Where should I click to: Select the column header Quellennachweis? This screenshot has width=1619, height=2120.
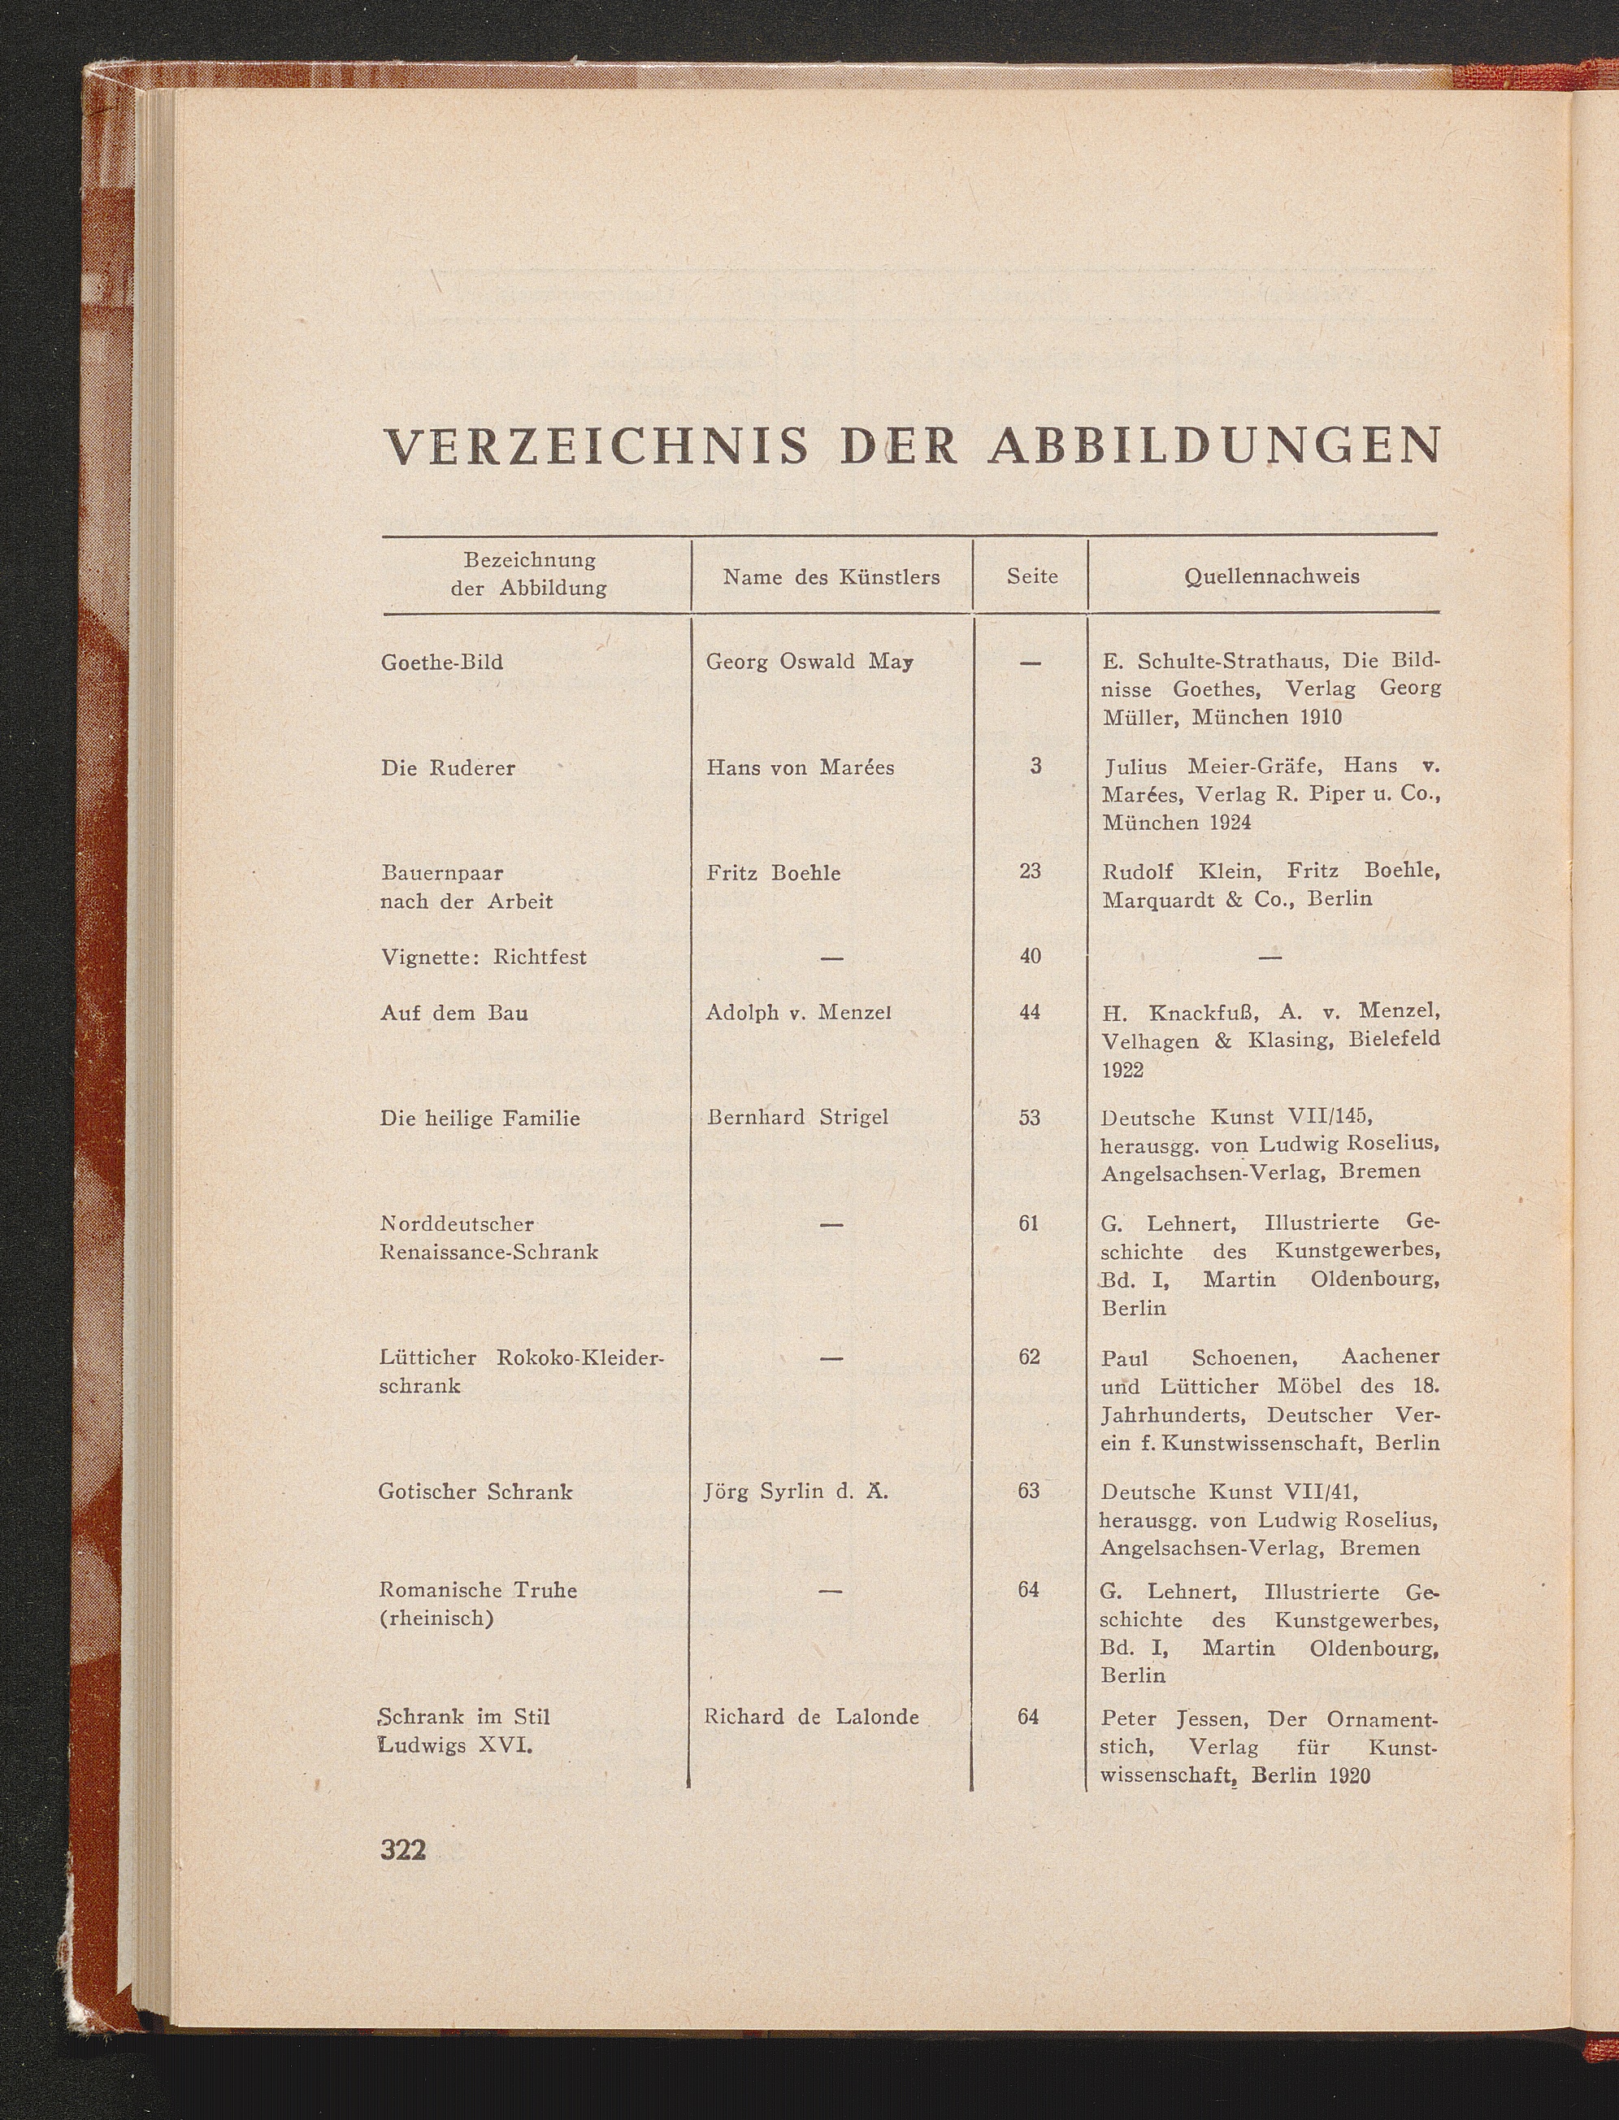[1271, 576]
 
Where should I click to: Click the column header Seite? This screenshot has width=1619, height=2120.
[1032, 576]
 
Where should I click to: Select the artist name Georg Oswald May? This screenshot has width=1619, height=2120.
[809, 662]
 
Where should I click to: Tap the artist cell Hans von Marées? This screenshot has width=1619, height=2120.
[800, 768]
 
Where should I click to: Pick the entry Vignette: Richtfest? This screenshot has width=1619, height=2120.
[483, 957]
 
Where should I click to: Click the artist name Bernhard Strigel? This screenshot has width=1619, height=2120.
[797, 1118]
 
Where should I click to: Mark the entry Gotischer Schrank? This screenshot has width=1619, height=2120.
[476, 1492]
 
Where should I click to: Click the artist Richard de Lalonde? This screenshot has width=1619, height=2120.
[811, 1717]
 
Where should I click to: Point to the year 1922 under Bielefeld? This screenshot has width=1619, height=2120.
[1122, 1071]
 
